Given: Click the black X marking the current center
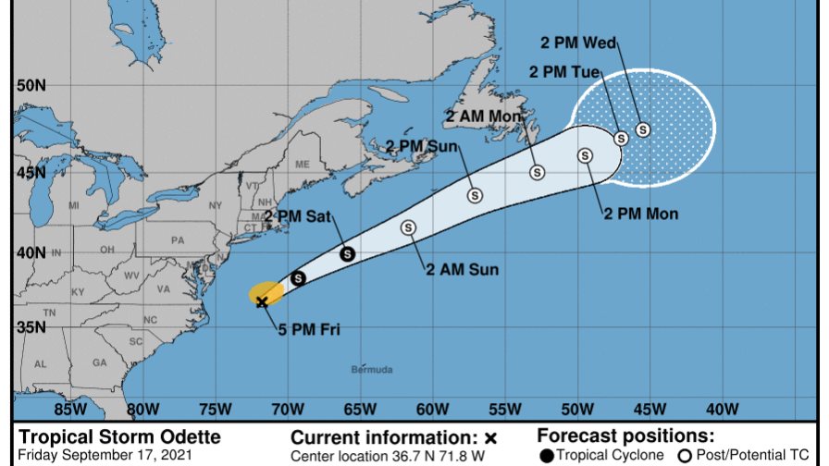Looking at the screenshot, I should (262, 300).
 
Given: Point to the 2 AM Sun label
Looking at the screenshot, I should (462, 270).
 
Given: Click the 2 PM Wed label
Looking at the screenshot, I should (578, 42).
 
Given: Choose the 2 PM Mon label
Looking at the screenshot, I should (640, 215).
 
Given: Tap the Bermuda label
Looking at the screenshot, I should (371, 370).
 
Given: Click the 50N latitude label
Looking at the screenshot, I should (31, 85).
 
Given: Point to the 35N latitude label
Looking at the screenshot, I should (31, 326).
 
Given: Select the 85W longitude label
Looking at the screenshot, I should (68, 409).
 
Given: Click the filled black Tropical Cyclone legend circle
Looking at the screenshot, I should (547, 455).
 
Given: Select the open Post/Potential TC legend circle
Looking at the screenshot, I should (686, 455).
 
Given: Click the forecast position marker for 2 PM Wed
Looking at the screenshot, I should (642, 129).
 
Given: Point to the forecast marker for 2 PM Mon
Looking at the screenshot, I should (585, 155).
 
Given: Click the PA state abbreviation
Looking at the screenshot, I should (179, 240).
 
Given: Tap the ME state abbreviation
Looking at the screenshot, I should (302, 164).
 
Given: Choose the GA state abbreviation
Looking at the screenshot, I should (99, 362).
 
